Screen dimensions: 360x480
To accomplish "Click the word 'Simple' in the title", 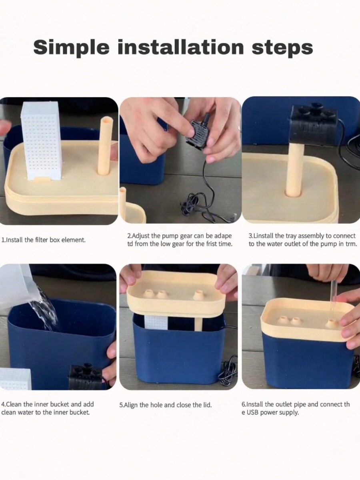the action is point(71,48).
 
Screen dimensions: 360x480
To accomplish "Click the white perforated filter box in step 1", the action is point(42,141).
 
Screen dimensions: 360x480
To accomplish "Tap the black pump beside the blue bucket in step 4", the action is point(85,377).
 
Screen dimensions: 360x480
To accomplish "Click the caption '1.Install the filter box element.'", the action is point(44,240).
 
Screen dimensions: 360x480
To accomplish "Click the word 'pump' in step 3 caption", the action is point(327,244).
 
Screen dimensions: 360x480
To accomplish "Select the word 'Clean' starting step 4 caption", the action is point(14,404).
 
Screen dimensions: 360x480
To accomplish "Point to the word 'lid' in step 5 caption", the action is point(207,405).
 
